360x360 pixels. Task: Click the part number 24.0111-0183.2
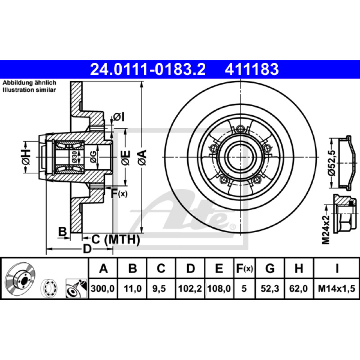pos(148,69)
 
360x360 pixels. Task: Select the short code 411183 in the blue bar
pos(252,69)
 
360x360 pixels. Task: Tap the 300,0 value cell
pos(103,288)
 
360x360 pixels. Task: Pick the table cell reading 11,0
pos(132,288)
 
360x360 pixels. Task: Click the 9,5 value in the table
pos(159,288)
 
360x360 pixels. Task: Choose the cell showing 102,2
pos(190,288)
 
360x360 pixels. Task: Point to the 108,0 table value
pos(219,288)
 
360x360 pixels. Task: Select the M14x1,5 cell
pos(336,288)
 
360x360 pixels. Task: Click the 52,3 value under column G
pos(270,288)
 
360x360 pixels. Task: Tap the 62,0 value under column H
pos(298,288)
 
